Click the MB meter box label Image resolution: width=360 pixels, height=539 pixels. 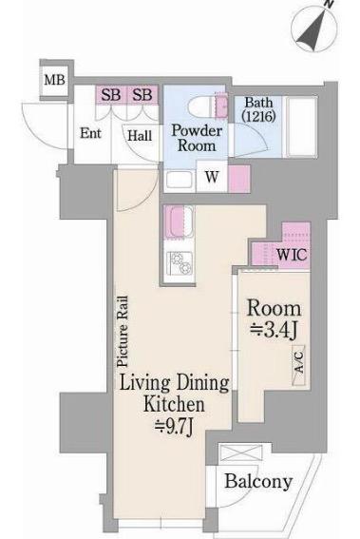[x=54, y=81]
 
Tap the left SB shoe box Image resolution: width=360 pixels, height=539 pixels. [x=111, y=94]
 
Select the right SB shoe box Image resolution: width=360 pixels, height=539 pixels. [x=142, y=94]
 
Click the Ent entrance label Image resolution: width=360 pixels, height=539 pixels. [x=90, y=133]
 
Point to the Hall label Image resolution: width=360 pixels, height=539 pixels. [x=140, y=135]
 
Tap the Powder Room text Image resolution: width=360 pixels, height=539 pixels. [x=197, y=138]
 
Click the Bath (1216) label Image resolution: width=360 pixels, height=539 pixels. [x=258, y=109]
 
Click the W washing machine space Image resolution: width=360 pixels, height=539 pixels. [x=212, y=177]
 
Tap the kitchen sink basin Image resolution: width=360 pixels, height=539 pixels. [x=179, y=221]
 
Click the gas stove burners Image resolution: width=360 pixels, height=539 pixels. [x=180, y=263]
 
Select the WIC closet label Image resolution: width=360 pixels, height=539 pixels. [x=292, y=255]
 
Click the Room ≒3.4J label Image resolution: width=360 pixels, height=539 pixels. [x=274, y=319]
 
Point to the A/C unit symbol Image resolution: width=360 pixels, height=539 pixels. [x=299, y=365]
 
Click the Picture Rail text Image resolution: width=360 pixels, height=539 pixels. [x=123, y=331]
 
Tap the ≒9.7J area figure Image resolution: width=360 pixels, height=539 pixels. [x=174, y=427]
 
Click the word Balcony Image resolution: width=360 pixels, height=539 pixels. [x=258, y=481]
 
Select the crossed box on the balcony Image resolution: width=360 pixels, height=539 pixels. [x=241, y=452]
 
